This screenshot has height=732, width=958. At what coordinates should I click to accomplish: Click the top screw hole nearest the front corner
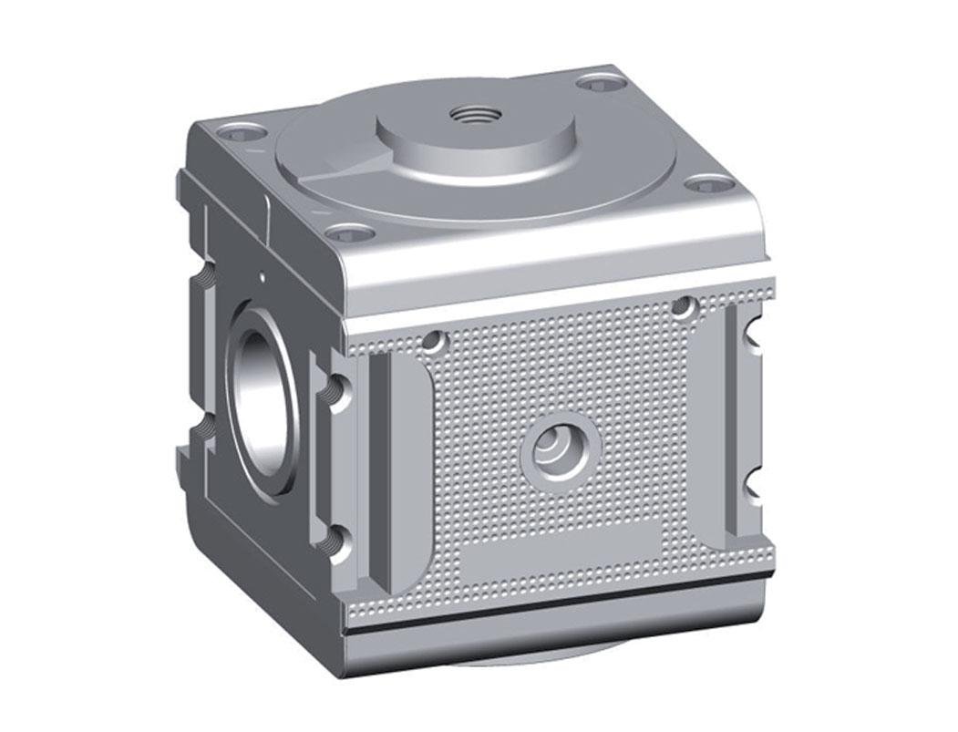tap(350, 234)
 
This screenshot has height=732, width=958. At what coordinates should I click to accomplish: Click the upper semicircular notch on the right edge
tap(753, 343)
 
